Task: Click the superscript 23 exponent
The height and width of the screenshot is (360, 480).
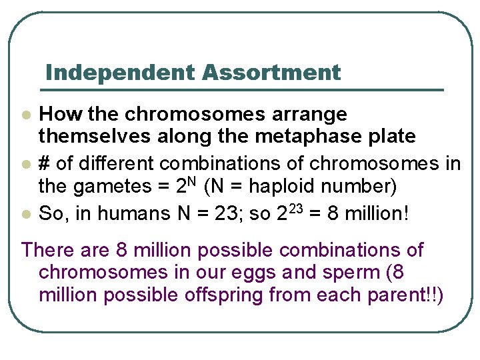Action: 296,208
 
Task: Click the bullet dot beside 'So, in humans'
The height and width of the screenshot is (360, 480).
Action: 26,214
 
